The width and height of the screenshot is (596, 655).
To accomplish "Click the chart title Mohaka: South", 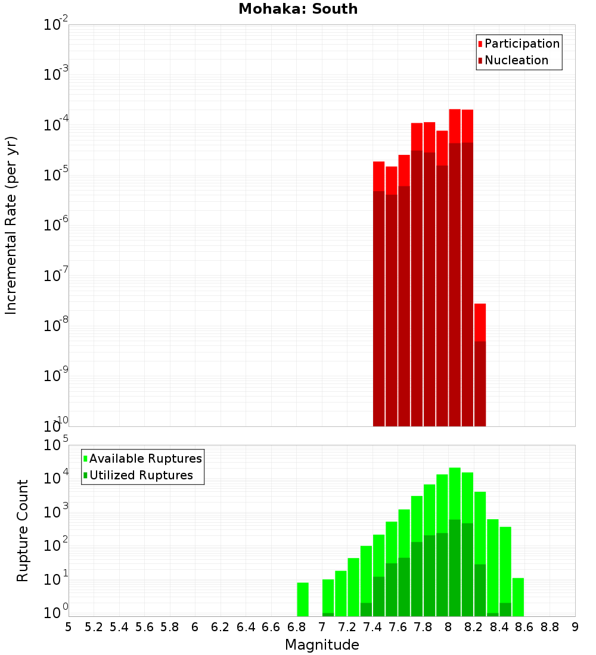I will coord(298,10).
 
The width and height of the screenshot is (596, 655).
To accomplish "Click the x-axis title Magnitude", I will coord(322,645).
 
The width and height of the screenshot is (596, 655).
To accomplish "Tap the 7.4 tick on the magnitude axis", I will coord(372,627).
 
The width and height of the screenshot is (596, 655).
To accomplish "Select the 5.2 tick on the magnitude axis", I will coord(94,627).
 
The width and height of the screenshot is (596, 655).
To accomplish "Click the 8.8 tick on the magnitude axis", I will coord(550,627).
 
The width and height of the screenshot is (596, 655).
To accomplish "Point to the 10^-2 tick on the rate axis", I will coord(56,25).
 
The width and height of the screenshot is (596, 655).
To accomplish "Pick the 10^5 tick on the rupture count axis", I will coord(56,445).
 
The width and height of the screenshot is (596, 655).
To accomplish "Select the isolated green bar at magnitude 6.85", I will coord(303,599).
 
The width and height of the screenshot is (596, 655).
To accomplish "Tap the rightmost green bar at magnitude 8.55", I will coord(519,597).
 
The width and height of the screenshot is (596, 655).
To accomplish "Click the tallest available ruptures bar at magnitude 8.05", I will coord(455,494).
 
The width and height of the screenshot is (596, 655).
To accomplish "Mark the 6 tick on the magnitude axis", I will coord(195,627).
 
